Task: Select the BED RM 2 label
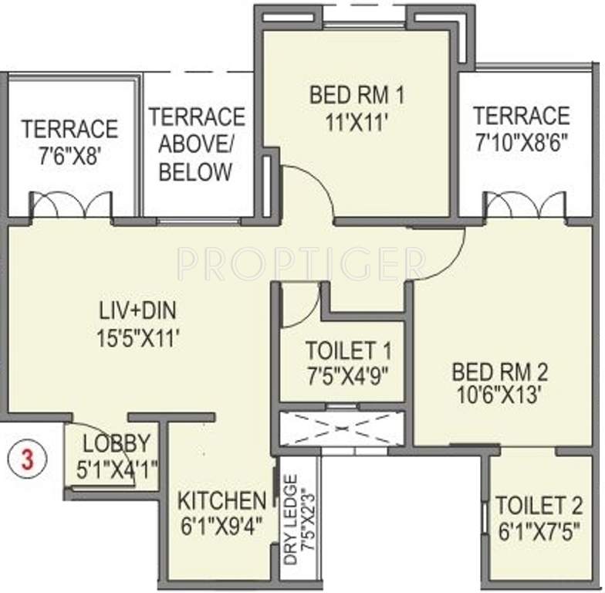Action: pos(499,372)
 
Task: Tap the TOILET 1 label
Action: pos(348,351)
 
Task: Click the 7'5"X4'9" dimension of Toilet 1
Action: pos(348,375)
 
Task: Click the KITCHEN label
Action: pos(222,500)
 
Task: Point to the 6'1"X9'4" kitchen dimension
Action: pos(222,525)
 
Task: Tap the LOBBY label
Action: pos(117,444)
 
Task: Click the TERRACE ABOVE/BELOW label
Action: pos(196,144)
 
